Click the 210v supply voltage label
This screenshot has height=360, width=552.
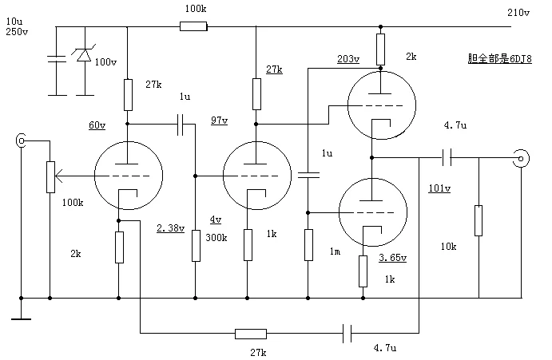coord(518,13)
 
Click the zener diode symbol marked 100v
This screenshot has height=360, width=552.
coord(84,54)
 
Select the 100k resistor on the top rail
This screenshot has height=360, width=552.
coord(193,26)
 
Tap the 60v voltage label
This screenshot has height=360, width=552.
coord(97,125)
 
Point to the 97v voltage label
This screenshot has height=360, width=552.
coord(220,121)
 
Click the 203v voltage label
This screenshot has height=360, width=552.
coord(348,59)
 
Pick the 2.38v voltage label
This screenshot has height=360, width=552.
coord(171,228)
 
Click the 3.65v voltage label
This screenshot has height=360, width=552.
coord(392,258)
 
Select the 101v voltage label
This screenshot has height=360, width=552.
coord(439,188)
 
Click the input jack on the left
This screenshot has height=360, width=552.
coord(21,140)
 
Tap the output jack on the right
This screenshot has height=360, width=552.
coord(521,158)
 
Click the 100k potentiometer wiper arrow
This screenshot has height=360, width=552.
coord(59,176)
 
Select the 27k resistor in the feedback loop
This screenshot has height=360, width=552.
coord(251,334)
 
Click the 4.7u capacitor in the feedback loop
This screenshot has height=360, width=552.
coord(347,333)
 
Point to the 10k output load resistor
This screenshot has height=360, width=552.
coord(478,220)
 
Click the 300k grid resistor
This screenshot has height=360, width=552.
coord(196,246)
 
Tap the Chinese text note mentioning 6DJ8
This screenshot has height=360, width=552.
coord(499,58)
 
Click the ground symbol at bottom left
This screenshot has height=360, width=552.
coord(21,318)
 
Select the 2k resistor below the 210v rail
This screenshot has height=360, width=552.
coord(380,49)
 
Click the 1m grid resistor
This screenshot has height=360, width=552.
coord(308,245)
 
